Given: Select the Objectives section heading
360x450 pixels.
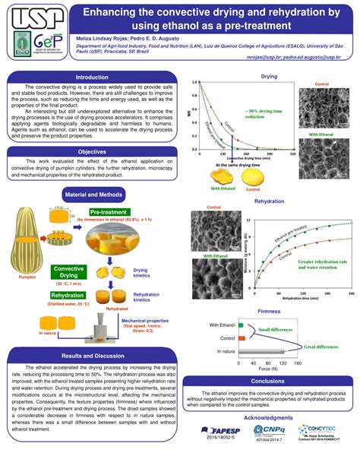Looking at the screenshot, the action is point(91,151).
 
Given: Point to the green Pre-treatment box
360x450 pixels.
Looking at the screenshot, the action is point(108,212).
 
